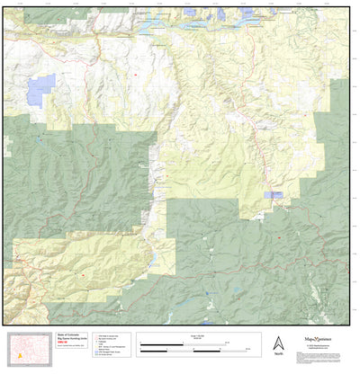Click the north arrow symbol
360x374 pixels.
pos(278,343)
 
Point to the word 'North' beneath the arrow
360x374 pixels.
pos(278,355)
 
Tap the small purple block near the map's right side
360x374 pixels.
pos(273,195)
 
